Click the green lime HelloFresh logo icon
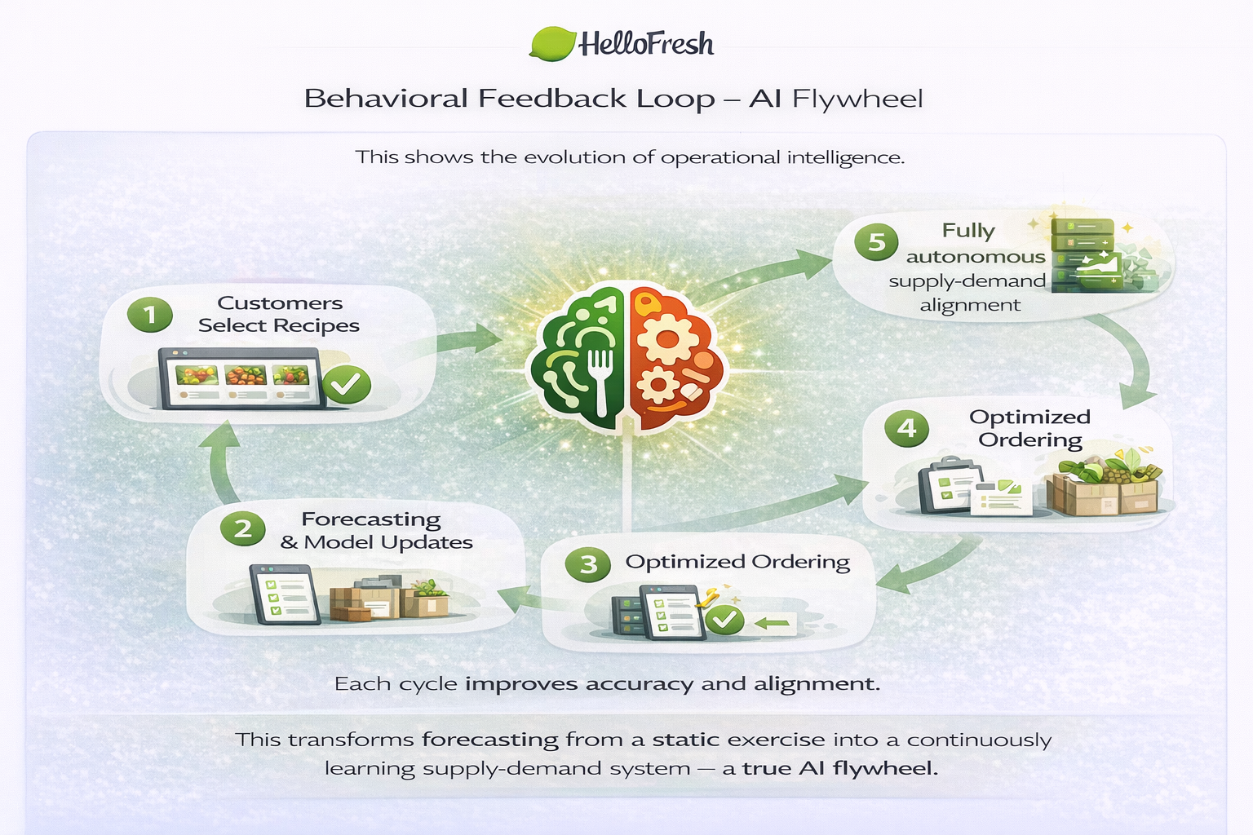tap(554, 43)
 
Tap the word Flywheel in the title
tap(857, 99)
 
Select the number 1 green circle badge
tap(149, 315)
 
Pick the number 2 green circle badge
tap(242, 528)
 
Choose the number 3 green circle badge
tap(588, 564)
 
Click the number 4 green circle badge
tap(906, 428)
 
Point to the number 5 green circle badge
tap(876, 242)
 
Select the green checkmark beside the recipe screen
tap(347, 384)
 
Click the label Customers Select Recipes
tap(279, 314)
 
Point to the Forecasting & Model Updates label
tap(375, 531)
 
